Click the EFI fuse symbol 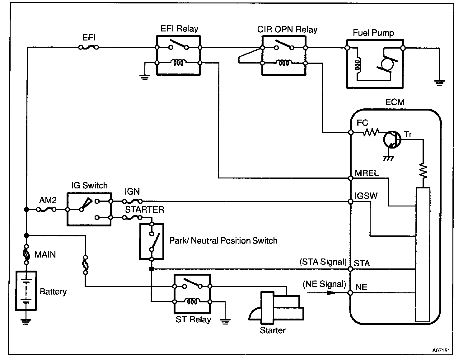[x=88, y=47]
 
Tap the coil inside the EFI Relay [x=178, y=63]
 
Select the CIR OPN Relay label [x=287, y=30]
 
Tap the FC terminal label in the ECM [x=362, y=123]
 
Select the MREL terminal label [x=367, y=173]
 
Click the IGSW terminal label [x=366, y=196]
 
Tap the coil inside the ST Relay [x=192, y=301]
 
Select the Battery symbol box [x=26, y=291]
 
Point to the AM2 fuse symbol [x=47, y=210]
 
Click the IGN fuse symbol [x=133, y=201]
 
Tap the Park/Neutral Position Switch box [x=152, y=241]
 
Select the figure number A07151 [x=441, y=350]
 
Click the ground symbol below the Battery [x=26, y=321]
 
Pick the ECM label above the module [x=395, y=102]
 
